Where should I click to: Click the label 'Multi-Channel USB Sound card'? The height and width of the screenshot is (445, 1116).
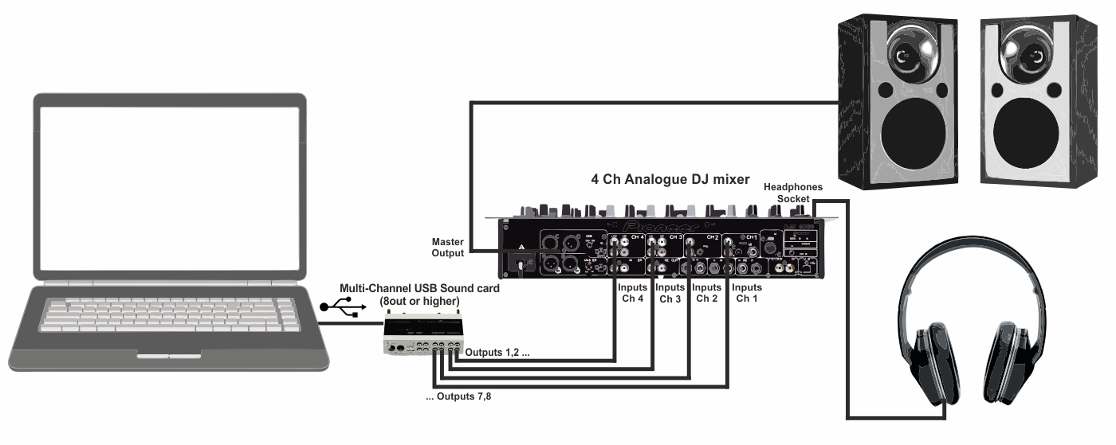pyautogui.click(x=420, y=288)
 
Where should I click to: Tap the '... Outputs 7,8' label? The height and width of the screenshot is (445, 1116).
pyautogui.click(x=458, y=396)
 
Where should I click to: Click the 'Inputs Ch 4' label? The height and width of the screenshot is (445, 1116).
pyautogui.click(x=634, y=292)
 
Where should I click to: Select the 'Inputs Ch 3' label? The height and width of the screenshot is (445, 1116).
pyautogui.click(x=670, y=292)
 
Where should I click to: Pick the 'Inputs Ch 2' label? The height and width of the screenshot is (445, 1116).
pyautogui.click(x=707, y=292)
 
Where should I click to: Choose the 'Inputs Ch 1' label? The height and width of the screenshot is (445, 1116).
pyautogui.click(x=747, y=292)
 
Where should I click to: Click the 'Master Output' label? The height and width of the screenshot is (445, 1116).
pyautogui.click(x=447, y=246)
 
